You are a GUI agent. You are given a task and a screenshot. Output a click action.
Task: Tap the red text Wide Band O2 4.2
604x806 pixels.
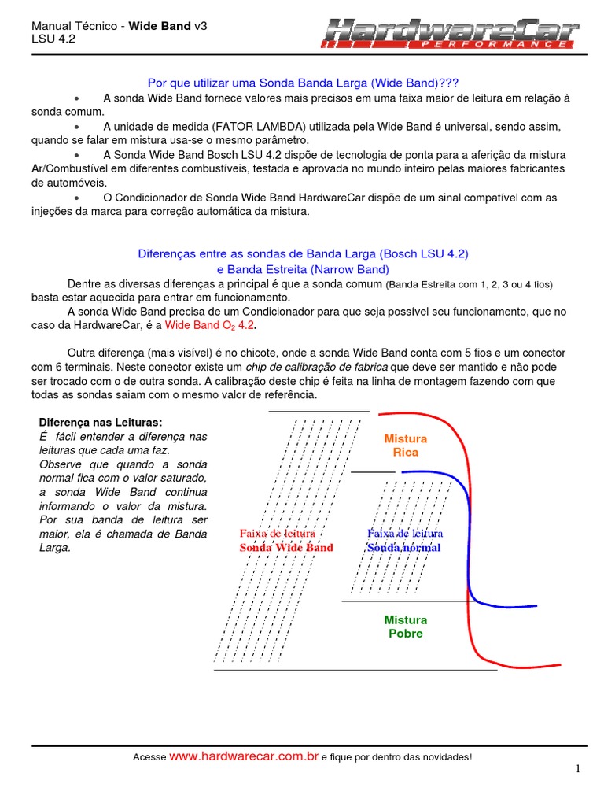point(210,324)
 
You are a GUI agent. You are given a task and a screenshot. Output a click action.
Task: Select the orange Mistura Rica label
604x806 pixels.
point(405,446)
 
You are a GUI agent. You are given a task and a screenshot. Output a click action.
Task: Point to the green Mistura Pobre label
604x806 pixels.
point(405,627)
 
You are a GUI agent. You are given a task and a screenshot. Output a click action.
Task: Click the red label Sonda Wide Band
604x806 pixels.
point(286,548)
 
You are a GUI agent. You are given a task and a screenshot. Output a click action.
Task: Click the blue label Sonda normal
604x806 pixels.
point(404,548)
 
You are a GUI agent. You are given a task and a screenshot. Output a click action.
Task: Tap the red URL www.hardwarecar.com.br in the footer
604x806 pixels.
point(244,756)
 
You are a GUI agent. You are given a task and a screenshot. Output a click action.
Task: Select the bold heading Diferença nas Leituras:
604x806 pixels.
point(100,423)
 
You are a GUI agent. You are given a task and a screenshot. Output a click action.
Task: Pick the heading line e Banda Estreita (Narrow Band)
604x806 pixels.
point(303,268)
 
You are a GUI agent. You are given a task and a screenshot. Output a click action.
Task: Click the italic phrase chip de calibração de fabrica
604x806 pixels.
point(317,368)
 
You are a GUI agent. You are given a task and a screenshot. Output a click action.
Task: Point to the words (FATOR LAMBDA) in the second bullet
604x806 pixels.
point(245,126)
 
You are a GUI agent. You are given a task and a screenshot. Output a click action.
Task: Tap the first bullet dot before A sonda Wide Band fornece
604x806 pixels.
point(76,98)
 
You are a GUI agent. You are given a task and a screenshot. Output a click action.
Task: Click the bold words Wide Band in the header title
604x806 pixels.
point(160,26)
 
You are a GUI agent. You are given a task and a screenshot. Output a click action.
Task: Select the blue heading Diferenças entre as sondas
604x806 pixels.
point(303,254)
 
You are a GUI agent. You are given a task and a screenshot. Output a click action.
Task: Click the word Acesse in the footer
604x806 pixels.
point(149,757)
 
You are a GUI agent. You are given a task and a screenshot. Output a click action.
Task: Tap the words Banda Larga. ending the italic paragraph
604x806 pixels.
point(181,534)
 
